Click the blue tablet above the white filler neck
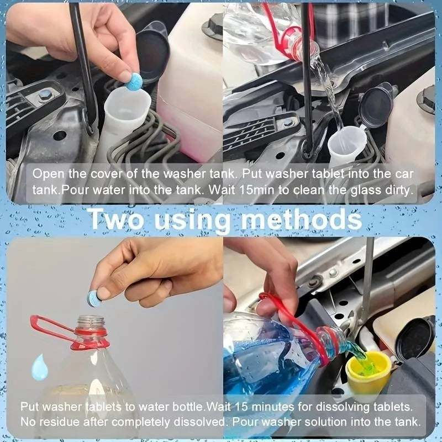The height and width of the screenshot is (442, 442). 134,82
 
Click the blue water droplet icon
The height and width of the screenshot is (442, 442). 39,368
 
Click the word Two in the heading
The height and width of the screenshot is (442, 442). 115,219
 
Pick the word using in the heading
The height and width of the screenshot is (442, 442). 192,221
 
